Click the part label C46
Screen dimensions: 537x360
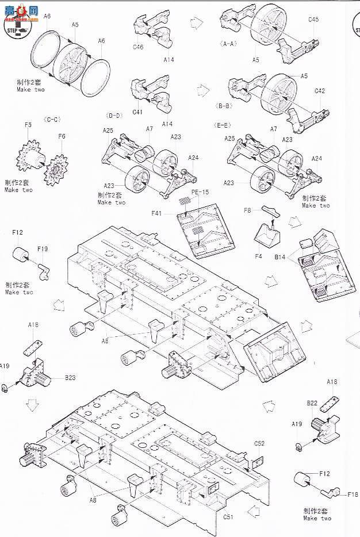[137, 47]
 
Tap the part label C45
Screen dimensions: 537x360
[313, 19]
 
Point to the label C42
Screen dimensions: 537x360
[320, 91]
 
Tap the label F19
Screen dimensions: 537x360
[42, 249]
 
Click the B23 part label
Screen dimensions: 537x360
[70, 378]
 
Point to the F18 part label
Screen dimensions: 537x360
[353, 494]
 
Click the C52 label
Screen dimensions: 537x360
[259, 443]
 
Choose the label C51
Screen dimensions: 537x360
[229, 516]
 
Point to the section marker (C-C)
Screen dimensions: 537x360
[51, 120]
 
